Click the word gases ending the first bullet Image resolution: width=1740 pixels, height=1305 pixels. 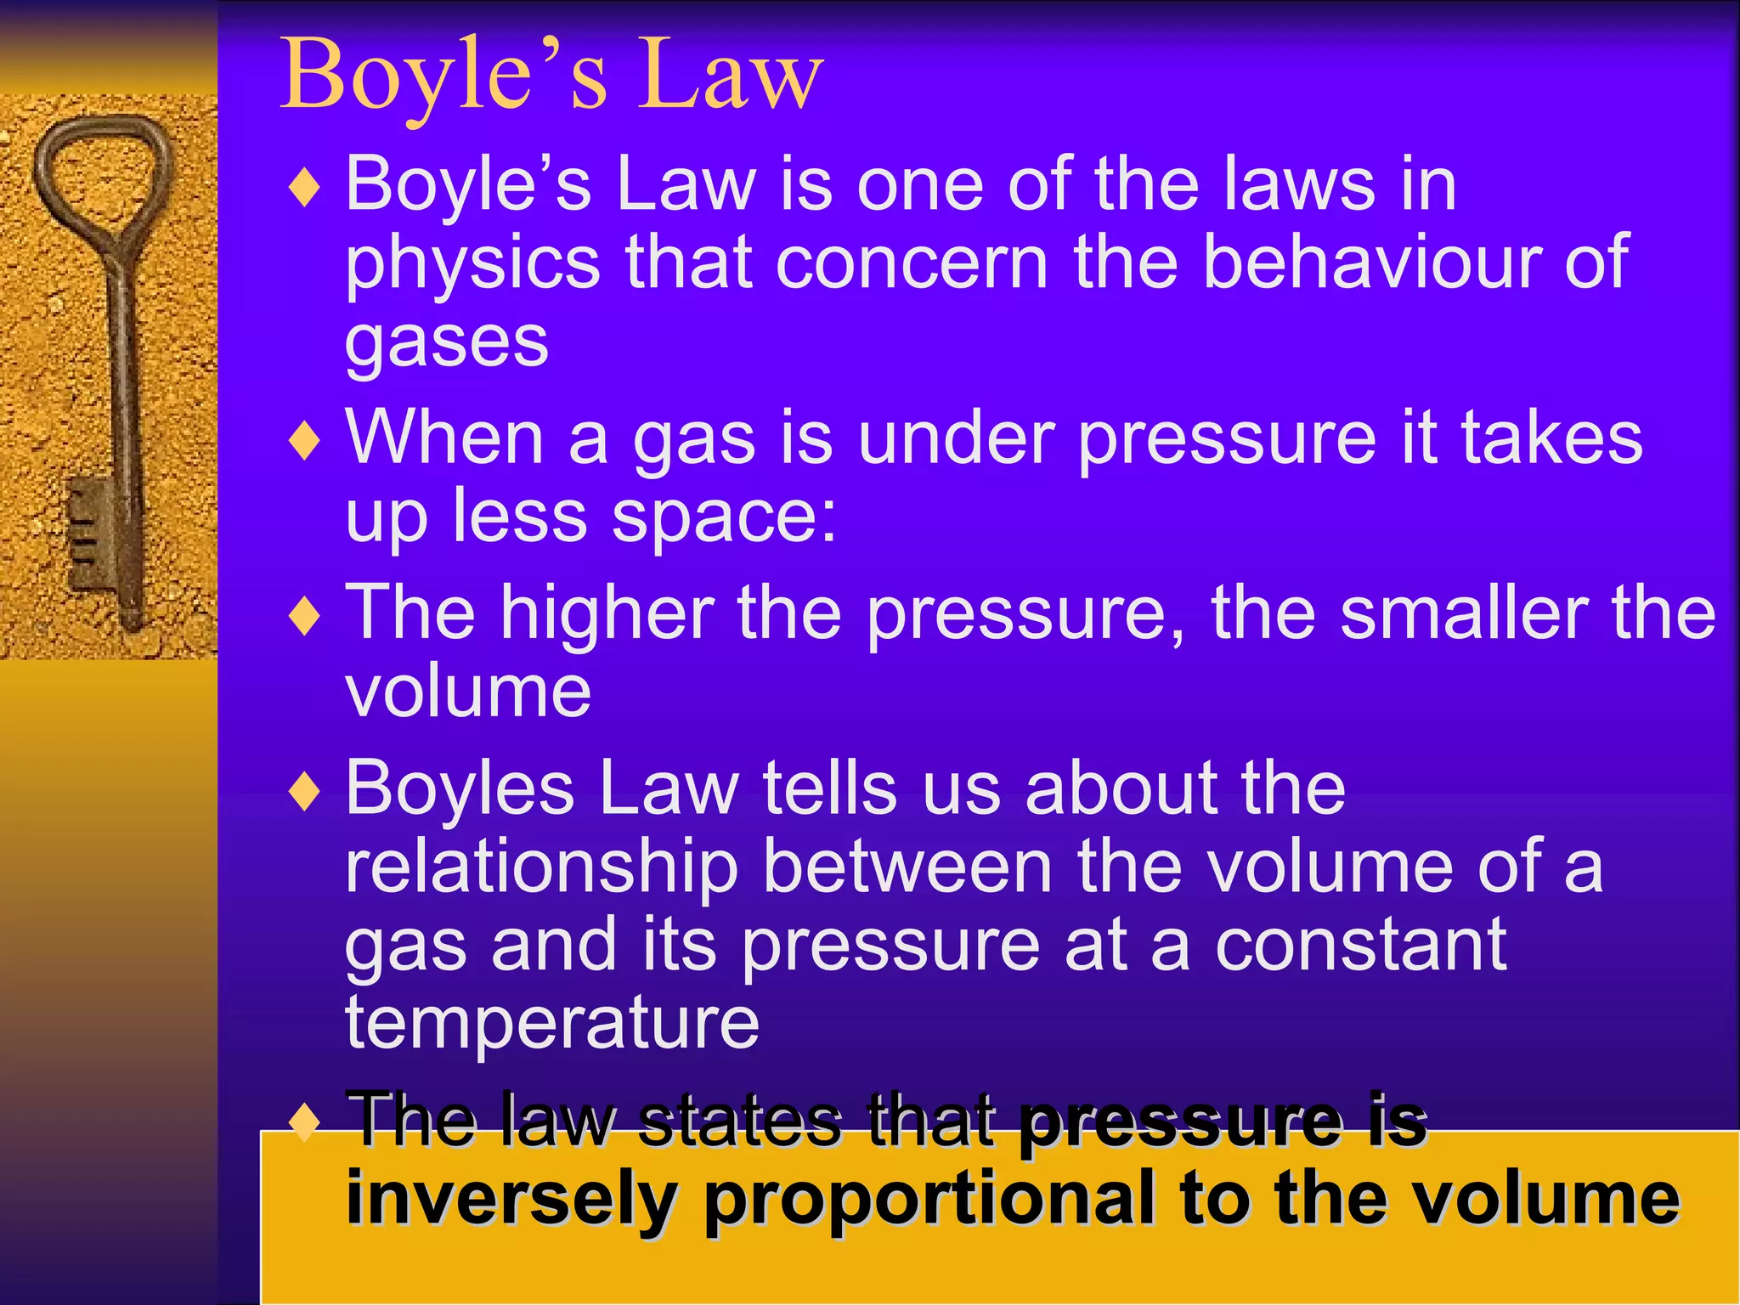[447, 343]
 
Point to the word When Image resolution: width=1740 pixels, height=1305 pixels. [444, 438]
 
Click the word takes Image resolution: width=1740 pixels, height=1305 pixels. [1551, 438]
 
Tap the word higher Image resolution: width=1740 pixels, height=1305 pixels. [607, 613]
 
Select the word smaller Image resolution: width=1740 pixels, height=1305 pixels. [1462, 613]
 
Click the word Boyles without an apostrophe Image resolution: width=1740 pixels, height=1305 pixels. [460, 789]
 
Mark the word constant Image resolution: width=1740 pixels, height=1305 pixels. [1360, 945]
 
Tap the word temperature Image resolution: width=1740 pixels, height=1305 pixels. [551, 1025]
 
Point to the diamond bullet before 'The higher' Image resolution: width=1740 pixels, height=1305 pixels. [304, 616]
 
